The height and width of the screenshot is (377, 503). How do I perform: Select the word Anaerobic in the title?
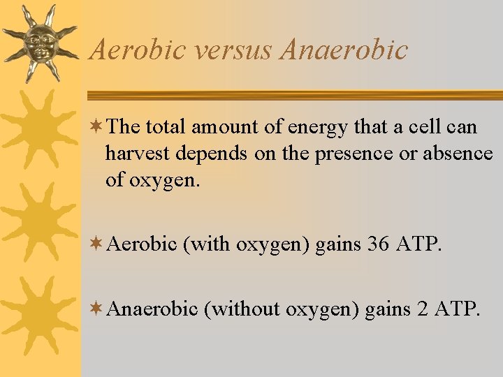[343, 50]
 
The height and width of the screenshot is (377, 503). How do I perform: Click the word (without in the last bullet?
[242, 308]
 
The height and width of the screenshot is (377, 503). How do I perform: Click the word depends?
[214, 154]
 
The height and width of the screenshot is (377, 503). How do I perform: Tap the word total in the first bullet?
[167, 128]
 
